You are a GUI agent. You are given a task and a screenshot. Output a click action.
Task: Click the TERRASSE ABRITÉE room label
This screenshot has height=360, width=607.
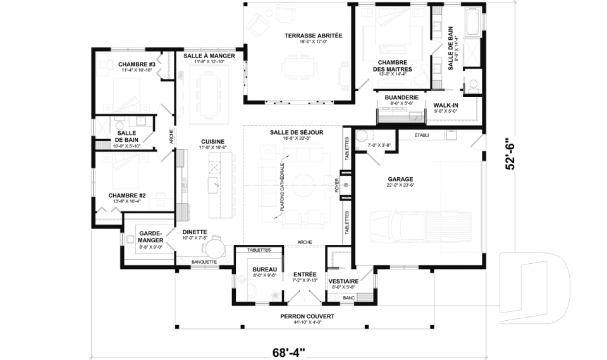point(313,36)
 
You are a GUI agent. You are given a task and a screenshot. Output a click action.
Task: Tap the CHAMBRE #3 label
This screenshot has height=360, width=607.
point(137,64)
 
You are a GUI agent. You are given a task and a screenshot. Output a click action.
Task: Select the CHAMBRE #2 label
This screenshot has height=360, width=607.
point(127,196)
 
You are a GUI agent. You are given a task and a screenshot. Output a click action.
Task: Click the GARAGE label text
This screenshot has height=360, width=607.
point(400,179)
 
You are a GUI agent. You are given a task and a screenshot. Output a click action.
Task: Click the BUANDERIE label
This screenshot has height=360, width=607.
point(402,97)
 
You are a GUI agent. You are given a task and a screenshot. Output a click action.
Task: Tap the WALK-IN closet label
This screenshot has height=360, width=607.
point(445,105)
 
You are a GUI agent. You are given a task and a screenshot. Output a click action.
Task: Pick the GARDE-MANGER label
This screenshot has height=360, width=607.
point(151,237)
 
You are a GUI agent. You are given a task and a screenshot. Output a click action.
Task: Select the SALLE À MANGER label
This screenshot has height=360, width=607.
point(209,56)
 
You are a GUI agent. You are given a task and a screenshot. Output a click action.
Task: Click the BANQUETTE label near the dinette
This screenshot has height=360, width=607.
point(204,261)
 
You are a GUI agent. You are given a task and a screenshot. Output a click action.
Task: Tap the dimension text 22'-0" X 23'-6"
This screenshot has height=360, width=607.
point(400,185)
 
